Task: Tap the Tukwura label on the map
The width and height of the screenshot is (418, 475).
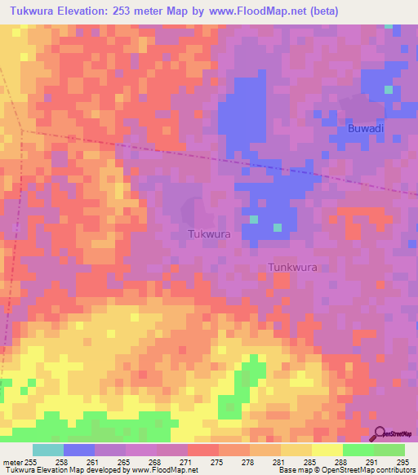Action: pyautogui.click(x=209, y=233)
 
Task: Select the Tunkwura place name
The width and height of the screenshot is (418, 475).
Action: pyautogui.click(x=292, y=267)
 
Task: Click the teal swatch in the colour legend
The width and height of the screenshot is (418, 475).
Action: pyautogui.click(x=48, y=450)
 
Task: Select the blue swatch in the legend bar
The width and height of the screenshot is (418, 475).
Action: pyautogui.click(x=79, y=450)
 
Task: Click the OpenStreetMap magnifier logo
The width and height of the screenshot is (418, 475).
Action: pyautogui.click(x=380, y=434)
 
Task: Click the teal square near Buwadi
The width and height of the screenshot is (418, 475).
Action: pyautogui.click(x=389, y=87)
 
